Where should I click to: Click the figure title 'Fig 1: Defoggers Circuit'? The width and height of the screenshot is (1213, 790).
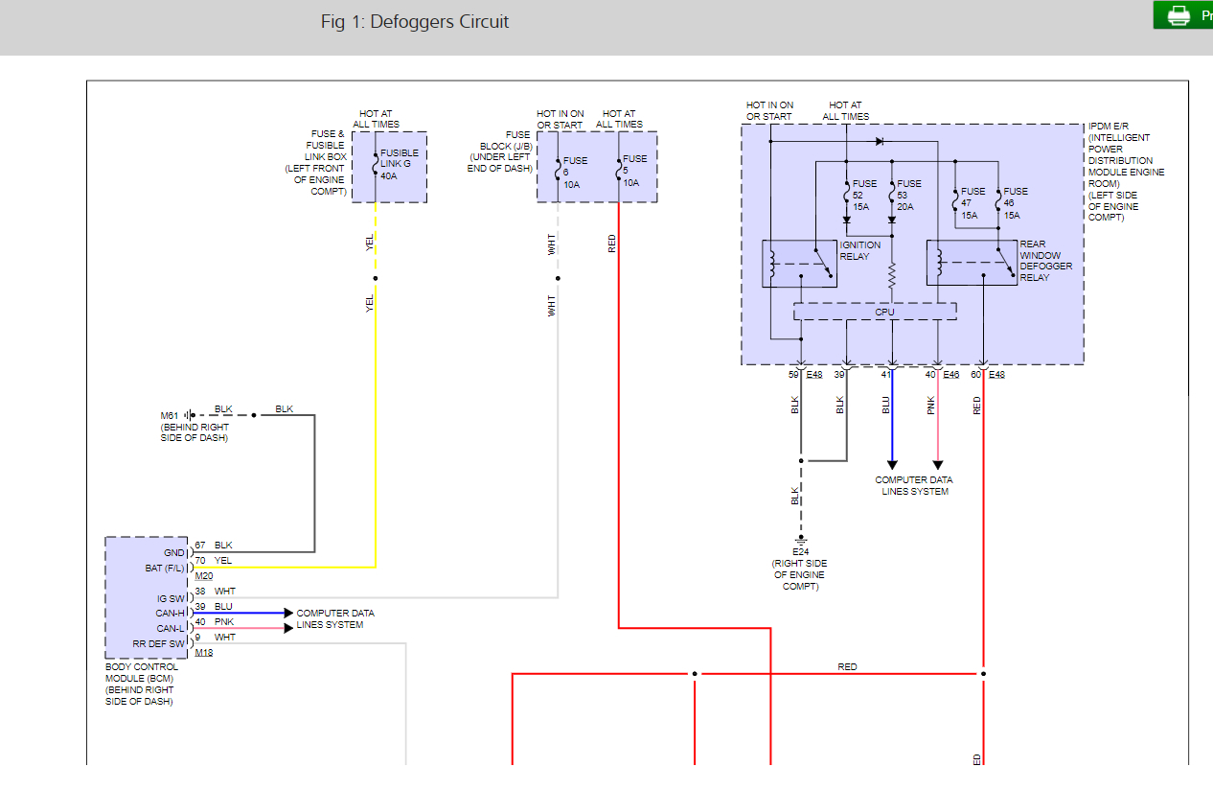point(414,22)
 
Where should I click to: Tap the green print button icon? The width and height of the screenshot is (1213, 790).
point(1179,15)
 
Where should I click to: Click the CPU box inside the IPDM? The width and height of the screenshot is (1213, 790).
point(875,312)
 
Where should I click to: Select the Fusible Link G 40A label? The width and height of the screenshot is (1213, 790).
point(400,164)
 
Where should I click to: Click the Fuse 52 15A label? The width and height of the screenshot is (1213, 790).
point(864,195)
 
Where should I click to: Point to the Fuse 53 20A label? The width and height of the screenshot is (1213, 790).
point(908,195)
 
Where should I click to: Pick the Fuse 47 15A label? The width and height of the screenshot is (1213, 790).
point(973,203)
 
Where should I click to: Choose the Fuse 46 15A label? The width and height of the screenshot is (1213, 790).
point(1016,203)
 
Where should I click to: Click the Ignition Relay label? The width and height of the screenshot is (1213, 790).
point(860,250)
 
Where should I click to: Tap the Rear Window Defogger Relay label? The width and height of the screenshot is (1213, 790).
point(1045,261)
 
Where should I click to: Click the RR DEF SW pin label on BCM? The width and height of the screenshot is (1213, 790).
point(159,643)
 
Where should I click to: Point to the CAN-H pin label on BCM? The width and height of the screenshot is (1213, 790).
point(170,613)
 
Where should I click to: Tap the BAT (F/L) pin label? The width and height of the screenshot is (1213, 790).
point(165,568)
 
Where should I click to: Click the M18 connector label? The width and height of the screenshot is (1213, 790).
point(204,652)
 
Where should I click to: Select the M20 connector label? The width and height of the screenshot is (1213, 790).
point(204,576)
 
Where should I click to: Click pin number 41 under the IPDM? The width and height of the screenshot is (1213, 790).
point(886,375)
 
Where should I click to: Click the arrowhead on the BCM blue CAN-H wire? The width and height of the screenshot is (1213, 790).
point(288,613)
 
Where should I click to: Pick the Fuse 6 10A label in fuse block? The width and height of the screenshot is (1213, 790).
point(575,173)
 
